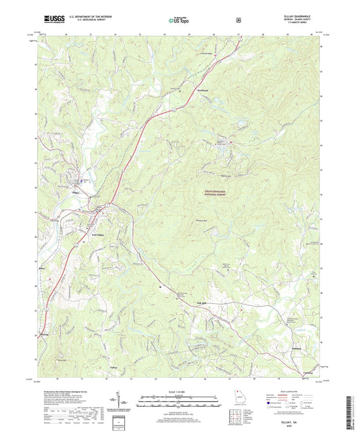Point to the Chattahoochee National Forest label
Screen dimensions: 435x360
pyautogui.click(x=221, y=194)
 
